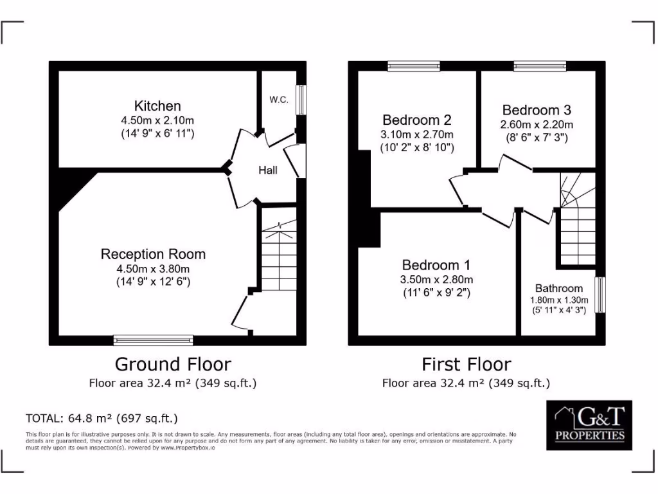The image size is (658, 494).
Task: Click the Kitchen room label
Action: [x=157, y=106]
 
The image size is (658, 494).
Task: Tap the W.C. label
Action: [x=278, y=100]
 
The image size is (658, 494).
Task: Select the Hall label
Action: [x=268, y=170]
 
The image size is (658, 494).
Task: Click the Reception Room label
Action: [x=153, y=254]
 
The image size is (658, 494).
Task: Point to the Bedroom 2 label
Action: [x=416, y=120]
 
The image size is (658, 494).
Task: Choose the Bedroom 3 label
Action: [x=537, y=110]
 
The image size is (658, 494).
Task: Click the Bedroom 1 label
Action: [x=436, y=265]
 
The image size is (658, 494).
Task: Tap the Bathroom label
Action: [x=558, y=288]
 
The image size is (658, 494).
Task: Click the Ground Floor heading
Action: [x=173, y=364]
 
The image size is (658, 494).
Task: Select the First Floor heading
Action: [x=466, y=365]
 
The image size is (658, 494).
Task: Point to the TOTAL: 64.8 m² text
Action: [x=101, y=418]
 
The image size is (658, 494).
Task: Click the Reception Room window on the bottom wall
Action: [x=154, y=340]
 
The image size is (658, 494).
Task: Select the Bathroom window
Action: [x=600, y=295]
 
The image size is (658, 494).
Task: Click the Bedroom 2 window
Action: [x=414, y=65]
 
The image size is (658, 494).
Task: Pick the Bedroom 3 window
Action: [x=540, y=65]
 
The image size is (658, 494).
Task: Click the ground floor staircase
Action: [x=278, y=251]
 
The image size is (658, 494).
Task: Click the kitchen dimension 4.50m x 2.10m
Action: [x=157, y=120]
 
